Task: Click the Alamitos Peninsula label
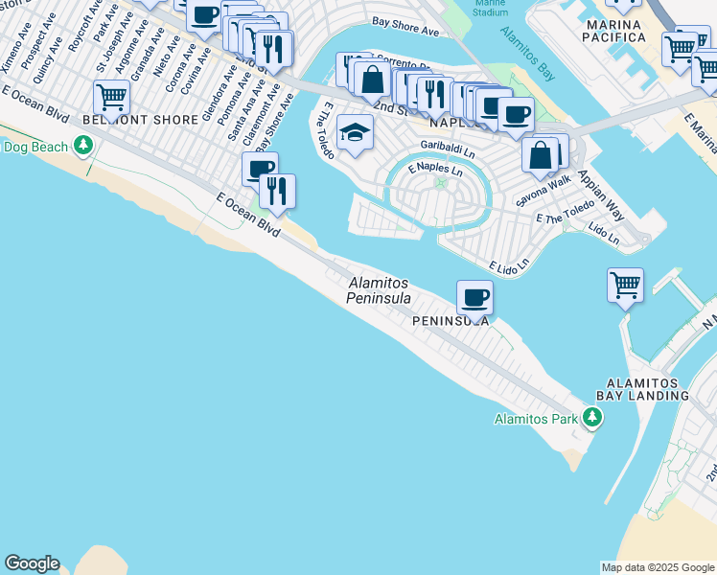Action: pos(379,290)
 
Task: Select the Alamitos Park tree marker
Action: pos(593,418)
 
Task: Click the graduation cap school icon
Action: pos(355,133)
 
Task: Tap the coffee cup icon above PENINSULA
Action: pos(474,296)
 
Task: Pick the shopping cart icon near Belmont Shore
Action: pos(111,97)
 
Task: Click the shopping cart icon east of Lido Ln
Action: pos(625,285)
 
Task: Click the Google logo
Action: pos(32,563)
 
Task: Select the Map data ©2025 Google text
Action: pos(658,567)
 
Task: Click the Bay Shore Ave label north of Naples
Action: pos(405,25)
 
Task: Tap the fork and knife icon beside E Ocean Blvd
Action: pos(277,191)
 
